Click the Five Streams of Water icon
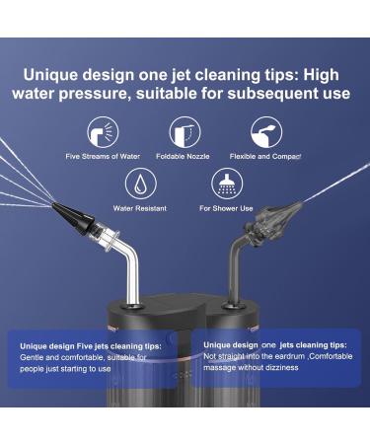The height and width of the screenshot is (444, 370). point(100,131)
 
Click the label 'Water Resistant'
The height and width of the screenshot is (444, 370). point(140,209)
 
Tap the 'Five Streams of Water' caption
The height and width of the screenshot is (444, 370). point(100,156)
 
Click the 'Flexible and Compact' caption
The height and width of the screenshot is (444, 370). point(265,156)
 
